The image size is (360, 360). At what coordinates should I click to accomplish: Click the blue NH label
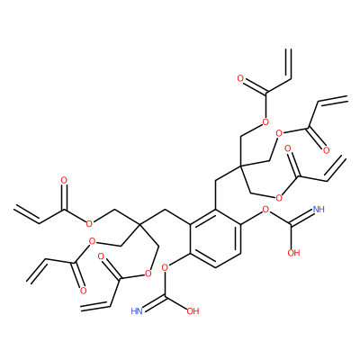pyautogui.click(x=319, y=209)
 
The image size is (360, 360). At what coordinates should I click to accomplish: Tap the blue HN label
pyautogui.click(x=137, y=311)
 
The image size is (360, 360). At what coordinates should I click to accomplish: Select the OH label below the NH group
pyautogui.click(x=293, y=253)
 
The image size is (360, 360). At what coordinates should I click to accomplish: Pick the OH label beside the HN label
pyautogui.click(x=193, y=311)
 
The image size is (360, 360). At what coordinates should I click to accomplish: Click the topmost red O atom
pyautogui.click(x=240, y=79)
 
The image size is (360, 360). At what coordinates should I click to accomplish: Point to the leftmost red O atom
pyautogui.click(x=64, y=180)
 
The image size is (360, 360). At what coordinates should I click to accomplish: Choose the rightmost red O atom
pyautogui.click(x=327, y=150)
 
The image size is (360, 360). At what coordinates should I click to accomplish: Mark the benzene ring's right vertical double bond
pyautogui.click(x=239, y=238)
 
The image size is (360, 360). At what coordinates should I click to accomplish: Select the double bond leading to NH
pyautogui.click(x=301, y=217)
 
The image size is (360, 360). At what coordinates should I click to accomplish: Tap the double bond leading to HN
pyautogui.click(x=154, y=302)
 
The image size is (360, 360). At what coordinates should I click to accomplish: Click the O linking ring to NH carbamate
pyautogui.click(x=265, y=209)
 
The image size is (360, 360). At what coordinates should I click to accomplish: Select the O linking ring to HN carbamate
pyautogui.click(x=165, y=267)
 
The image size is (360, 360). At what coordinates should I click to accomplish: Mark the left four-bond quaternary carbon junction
pyautogui.click(x=139, y=224)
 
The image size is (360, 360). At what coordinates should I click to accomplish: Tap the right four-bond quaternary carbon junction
pyautogui.click(x=240, y=166)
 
